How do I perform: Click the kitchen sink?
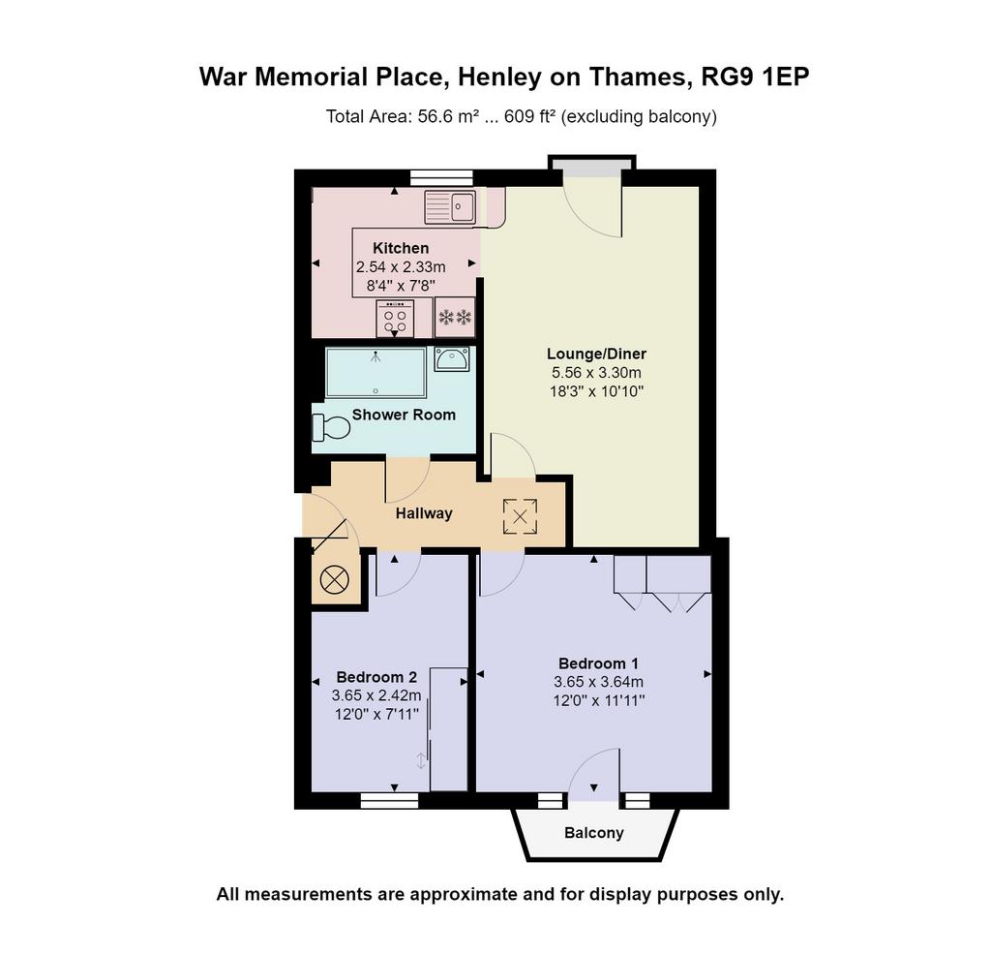pos(451,206)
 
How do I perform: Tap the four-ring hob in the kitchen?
pos(395,319)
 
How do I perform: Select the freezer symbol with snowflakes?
pos(455,317)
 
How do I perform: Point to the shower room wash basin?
pos(452,358)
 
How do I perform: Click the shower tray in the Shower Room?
pos(376,373)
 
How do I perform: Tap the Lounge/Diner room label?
pos(596,354)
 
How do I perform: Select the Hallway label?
pos(424,513)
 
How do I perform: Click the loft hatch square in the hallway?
pos(520,516)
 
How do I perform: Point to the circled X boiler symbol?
pos(334,579)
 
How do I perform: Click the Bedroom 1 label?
pos(598,663)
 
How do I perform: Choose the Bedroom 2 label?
pos(376,677)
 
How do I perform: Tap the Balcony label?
pos(594,833)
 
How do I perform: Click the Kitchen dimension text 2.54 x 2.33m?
pos(401,267)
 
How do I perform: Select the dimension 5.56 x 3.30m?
pos(596,373)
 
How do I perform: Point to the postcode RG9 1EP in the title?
pos(756,77)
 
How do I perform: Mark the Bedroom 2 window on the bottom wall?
pos(389,801)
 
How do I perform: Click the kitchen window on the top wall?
pos(441,178)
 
